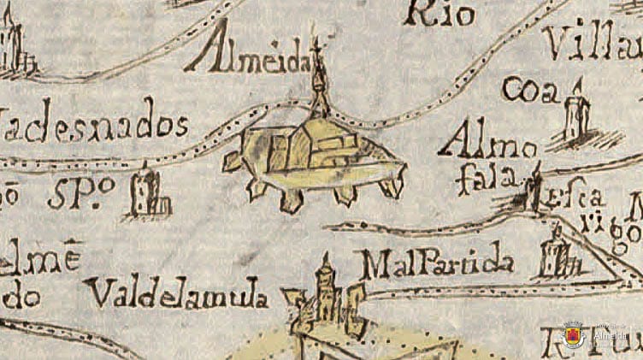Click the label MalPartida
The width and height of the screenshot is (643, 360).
pyautogui.click(x=437, y=265)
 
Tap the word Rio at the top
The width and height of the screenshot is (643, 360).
pyautogui.click(x=443, y=12)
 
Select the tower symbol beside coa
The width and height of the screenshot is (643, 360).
pyautogui.click(x=577, y=114)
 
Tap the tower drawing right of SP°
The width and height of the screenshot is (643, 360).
pyautogui.click(x=148, y=193)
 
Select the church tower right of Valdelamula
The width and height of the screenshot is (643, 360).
pyautogui.click(x=326, y=294)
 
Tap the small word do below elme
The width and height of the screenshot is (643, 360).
pyautogui.click(x=21, y=298)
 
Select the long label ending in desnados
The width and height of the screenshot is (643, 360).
pyautogui.click(x=94, y=128)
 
